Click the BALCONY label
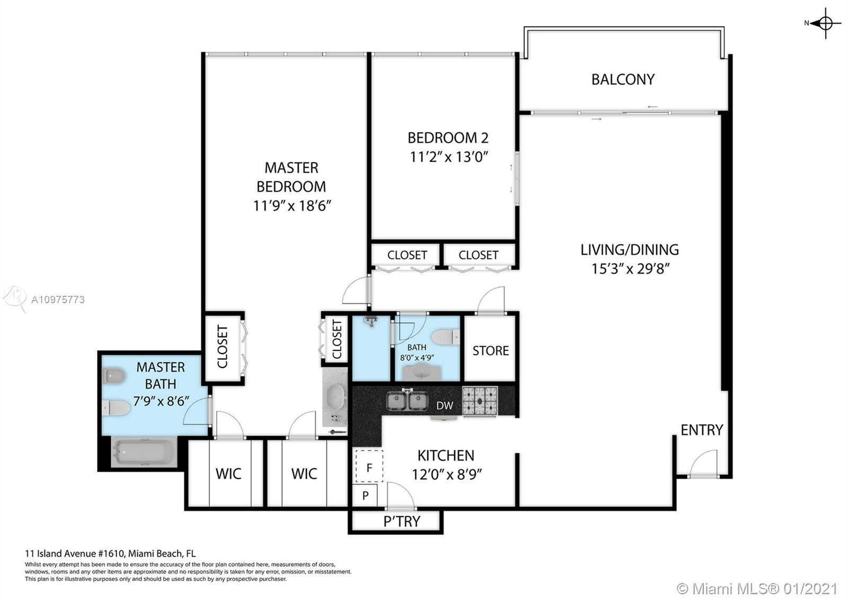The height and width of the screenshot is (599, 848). click(623, 80)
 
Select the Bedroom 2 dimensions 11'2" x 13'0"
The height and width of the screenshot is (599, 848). click(448, 157)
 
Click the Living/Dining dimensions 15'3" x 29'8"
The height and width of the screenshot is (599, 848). click(630, 269)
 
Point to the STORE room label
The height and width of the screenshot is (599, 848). click(491, 350)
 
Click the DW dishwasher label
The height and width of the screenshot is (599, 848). click(445, 406)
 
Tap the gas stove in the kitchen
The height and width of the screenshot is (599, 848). click(480, 401)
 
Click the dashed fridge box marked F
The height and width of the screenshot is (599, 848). click(369, 466)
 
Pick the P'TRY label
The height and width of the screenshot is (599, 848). click(402, 522)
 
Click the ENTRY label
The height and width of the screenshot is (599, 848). click(702, 430)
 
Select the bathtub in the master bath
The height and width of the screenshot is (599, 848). click(144, 452)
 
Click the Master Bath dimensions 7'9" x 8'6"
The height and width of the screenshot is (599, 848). click(161, 401)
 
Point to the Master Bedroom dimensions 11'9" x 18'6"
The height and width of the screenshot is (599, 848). click(292, 206)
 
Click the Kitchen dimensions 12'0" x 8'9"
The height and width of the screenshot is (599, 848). click(446, 474)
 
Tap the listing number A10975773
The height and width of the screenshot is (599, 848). click(58, 300)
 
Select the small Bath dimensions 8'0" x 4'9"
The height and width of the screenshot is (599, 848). click(417, 357)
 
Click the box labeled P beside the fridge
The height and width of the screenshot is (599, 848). click(365, 495)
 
